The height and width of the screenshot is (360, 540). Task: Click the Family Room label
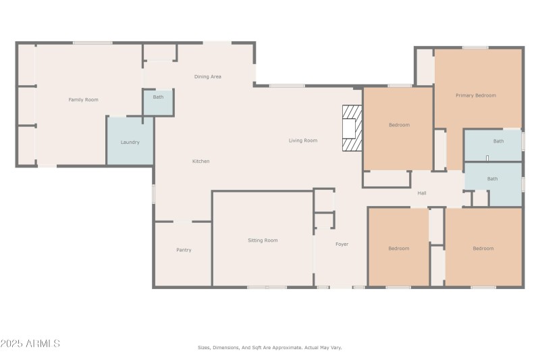click(83, 100)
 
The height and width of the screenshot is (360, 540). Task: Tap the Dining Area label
click(207, 77)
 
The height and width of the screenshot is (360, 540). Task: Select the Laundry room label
click(130, 143)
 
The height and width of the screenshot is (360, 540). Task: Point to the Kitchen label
click(200, 161)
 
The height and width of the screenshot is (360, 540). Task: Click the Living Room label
click(302, 140)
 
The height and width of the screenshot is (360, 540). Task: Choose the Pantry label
click(184, 250)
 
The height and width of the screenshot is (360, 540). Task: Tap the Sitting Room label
click(263, 240)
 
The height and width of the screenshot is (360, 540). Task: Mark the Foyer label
click(342, 244)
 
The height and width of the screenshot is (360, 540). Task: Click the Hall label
click(421, 193)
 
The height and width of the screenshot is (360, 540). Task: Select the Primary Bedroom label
click(475, 95)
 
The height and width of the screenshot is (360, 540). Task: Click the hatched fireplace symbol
click(352, 128)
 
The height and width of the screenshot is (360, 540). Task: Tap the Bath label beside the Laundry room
click(158, 97)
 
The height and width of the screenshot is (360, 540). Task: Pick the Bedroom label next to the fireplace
click(398, 125)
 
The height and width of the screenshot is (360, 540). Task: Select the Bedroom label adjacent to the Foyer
click(398, 249)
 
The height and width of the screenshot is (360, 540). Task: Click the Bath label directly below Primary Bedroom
click(497, 141)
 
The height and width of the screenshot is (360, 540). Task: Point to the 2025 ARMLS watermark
click(30, 344)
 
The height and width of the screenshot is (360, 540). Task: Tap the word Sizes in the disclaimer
click(204, 348)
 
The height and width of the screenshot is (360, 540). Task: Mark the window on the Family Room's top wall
click(92, 43)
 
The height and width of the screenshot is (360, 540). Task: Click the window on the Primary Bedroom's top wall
click(475, 47)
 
